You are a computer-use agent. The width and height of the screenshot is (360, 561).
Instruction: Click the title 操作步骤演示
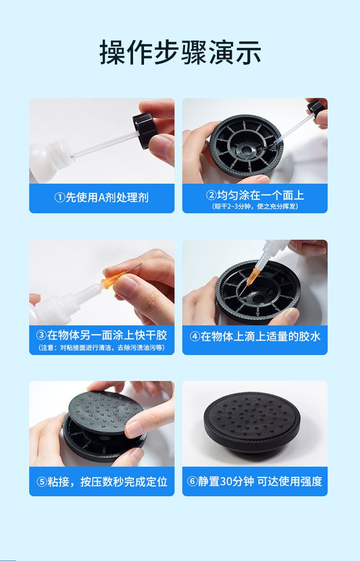pyautogui.click(x=180, y=53)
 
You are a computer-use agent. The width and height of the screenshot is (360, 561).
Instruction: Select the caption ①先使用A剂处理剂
pyautogui.click(x=101, y=198)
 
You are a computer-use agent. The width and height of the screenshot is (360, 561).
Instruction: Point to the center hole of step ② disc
pyautogui.click(x=247, y=150)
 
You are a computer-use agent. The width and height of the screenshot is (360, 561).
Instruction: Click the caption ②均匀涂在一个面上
pyautogui.click(x=255, y=195)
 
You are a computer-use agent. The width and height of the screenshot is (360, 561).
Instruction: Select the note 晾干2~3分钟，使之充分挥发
pyautogui.click(x=255, y=206)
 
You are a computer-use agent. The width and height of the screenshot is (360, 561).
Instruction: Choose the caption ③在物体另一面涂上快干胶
pyautogui.click(x=102, y=335)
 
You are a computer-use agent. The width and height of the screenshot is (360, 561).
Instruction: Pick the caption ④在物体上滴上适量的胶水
pyautogui.click(x=255, y=337)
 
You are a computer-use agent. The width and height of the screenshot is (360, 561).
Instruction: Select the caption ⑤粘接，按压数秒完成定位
pyautogui.click(x=102, y=481)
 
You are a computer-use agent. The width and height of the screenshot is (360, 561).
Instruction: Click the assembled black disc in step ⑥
pyautogui.click(x=252, y=423)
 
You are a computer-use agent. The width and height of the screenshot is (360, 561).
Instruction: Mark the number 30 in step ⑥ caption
pyautogui.click(x=227, y=481)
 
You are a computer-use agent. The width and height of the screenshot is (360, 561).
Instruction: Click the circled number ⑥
pyautogui.click(x=192, y=481)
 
